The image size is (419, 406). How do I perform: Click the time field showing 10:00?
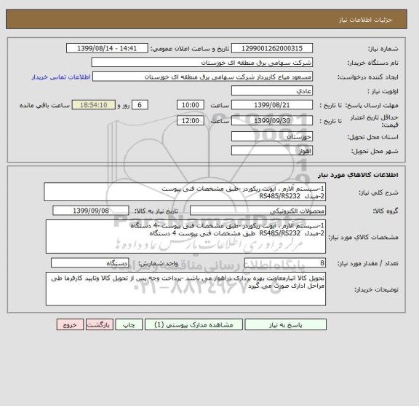pos(190,105)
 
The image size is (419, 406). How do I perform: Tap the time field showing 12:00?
pos(190,120)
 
